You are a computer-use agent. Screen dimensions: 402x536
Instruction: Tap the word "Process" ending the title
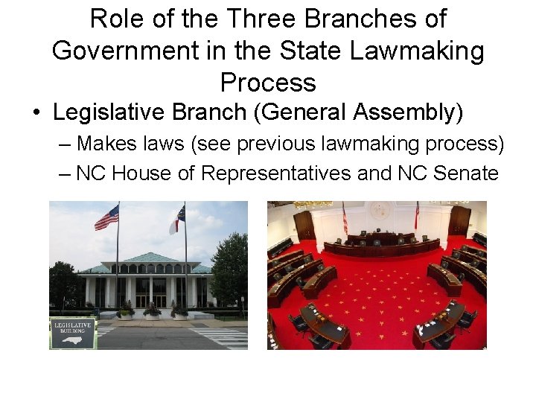click(x=268, y=82)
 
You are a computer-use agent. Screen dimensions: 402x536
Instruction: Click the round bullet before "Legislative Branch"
click(x=36, y=114)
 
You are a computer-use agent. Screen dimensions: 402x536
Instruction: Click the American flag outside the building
click(x=106, y=217)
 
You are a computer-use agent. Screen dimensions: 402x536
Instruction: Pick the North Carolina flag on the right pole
click(x=176, y=220)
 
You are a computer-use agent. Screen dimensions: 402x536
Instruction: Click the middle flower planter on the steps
click(x=152, y=309)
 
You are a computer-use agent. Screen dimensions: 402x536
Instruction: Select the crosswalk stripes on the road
click(x=226, y=339)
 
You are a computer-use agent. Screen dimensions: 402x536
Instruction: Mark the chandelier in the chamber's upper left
click(x=313, y=204)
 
